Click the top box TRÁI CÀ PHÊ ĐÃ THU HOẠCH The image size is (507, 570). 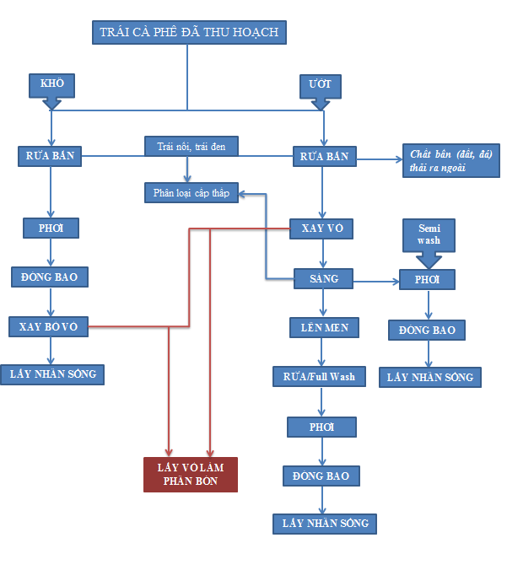(189, 32)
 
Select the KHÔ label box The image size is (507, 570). (51, 84)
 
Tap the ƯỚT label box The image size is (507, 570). (320, 85)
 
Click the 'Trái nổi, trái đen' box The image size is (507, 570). (191, 146)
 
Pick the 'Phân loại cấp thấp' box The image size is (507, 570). (191, 192)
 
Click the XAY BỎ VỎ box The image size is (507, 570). (48, 326)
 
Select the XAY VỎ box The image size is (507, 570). (321, 229)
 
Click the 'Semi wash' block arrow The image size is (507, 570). (429, 240)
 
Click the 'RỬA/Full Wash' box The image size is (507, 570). (319, 376)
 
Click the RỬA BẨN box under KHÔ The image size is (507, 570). (51, 156)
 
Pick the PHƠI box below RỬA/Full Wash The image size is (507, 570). (321, 427)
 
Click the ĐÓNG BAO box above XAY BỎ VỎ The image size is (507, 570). (50, 277)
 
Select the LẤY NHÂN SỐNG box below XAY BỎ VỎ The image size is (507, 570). (52, 374)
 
